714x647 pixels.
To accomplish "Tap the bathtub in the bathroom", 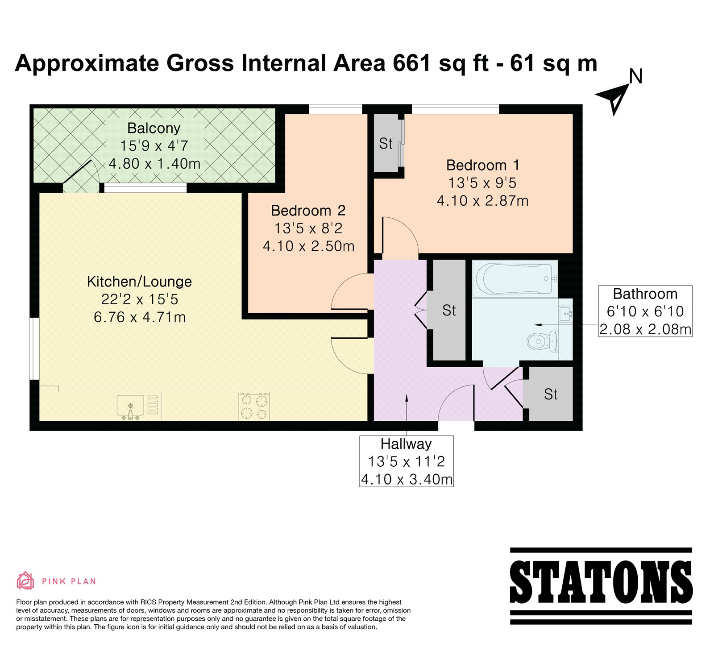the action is (515, 279).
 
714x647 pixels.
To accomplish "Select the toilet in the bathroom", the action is (542, 342).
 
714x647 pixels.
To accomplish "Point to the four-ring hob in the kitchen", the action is (254, 406).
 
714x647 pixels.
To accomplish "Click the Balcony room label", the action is (154, 128).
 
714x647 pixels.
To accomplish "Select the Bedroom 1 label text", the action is (483, 165).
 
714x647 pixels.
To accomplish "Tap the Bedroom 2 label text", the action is (308, 211).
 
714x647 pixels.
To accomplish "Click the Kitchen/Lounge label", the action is (139, 282).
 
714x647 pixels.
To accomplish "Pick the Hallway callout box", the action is (407, 461).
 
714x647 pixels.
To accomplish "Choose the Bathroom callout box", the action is (645, 311).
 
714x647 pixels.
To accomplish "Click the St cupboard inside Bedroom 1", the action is (386, 143).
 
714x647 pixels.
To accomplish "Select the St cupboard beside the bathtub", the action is (449, 310).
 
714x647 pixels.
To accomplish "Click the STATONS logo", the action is (601, 586).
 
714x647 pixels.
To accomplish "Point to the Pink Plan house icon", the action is (25, 581).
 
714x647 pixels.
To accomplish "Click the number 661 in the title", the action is (412, 63).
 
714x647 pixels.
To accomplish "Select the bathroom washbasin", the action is (565, 314).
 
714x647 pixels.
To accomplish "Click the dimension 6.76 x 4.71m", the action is (140, 317).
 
